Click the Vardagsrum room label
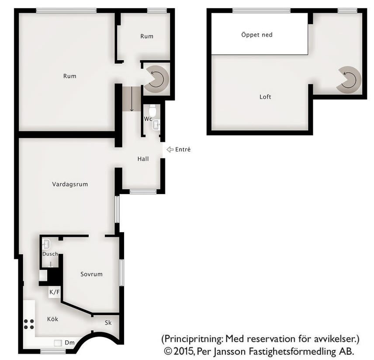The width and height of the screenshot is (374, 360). click(70, 185)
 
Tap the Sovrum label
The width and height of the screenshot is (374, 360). click(91, 274)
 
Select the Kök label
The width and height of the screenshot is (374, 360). click(52, 319)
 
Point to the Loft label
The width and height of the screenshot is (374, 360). click(265, 97)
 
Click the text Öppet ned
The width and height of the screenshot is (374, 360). click(256, 35)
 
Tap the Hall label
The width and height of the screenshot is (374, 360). click(143, 159)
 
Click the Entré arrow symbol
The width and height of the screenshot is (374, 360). click(170, 150)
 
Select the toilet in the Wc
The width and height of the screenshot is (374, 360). click(152, 110)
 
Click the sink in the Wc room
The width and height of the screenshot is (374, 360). click(156, 125)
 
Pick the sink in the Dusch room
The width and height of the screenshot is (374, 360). click(46, 244)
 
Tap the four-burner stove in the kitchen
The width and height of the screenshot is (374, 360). click(29, 324)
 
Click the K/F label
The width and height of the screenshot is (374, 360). click(54, 292)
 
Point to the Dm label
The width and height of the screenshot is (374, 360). click(69, 343)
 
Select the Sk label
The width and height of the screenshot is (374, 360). click(108, 323)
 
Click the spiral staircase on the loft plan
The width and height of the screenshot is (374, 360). click(349, 79)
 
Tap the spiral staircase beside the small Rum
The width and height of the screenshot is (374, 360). click(157, 79)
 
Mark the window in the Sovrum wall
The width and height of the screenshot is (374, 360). click(121, 273)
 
